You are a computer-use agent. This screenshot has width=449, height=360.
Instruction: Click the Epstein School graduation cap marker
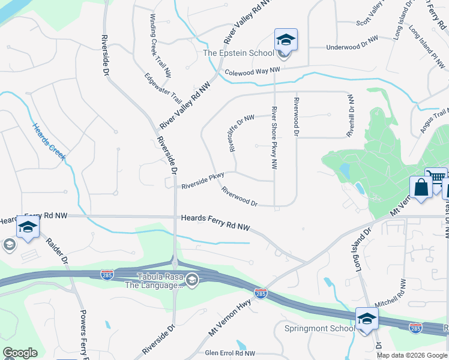tap(286, 41)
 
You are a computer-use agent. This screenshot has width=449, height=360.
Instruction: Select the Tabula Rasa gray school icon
tap(191, 280)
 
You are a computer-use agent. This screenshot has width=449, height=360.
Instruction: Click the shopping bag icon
tap(421, 188)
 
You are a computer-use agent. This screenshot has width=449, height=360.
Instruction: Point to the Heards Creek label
tap(48, 142)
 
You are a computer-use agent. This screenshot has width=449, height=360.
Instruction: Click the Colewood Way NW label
tap(253, 71)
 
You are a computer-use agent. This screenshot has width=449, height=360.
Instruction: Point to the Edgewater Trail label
tap(163, 88)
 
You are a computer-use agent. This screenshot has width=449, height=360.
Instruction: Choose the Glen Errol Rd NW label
tap(231, 354)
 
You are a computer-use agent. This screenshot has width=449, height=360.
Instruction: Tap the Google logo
tap(20, 353)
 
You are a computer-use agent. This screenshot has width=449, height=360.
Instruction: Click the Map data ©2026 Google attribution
tap(411, 355)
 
